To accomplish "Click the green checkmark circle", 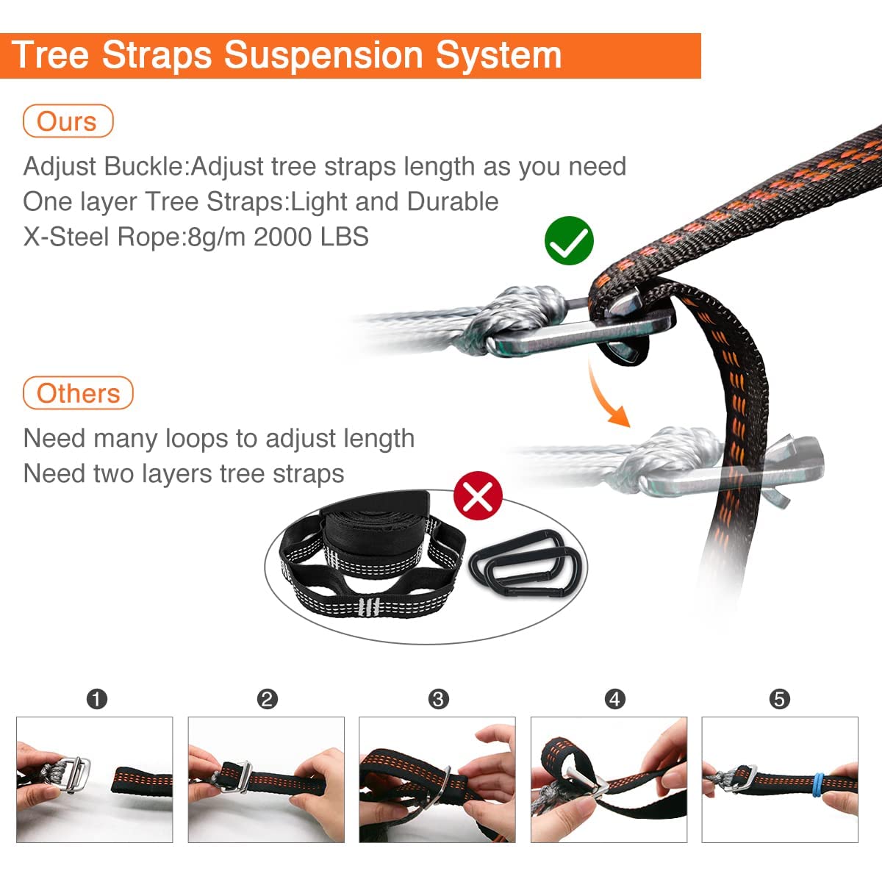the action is click(569, 241).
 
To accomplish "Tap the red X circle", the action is click(478, 495).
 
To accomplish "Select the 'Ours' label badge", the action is click(68, 121).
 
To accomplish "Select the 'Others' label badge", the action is click(78, 393).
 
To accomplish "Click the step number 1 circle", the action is click(97, 700).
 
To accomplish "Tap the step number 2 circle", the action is click(268, 700).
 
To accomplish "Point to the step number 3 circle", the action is click(439, 700).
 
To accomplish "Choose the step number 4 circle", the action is click(614, 700).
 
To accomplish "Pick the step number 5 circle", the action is click(780, 700).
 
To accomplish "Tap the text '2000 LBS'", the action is click(311, 237).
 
